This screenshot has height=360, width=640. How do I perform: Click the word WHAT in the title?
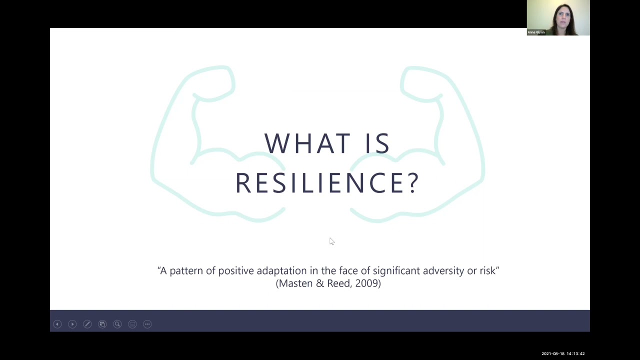(x=299, y=143)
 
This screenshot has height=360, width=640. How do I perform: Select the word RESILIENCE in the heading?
(x=320, y=182)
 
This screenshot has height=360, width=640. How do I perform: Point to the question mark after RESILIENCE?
(x=413, y=182)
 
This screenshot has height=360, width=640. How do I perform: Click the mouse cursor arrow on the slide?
(x=331, y=241)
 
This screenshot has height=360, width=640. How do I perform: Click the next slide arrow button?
(x=72, y=324)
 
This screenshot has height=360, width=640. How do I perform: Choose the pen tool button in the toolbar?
(x=87, y=324)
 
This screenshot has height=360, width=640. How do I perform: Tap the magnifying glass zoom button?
(x=117, y=324)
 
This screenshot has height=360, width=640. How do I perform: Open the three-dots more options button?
(x=147, y=324)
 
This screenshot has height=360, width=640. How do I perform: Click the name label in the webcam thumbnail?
(x=536, y=32)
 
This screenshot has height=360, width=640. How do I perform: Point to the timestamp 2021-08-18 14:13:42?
(x=563, y=353)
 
